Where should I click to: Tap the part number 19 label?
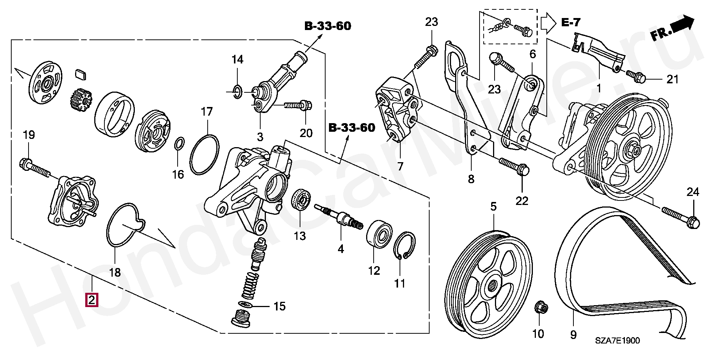(29, 135)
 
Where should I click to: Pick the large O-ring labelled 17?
(204, 154)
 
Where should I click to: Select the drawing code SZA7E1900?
(617, 340)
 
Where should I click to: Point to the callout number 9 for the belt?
(573, 334)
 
